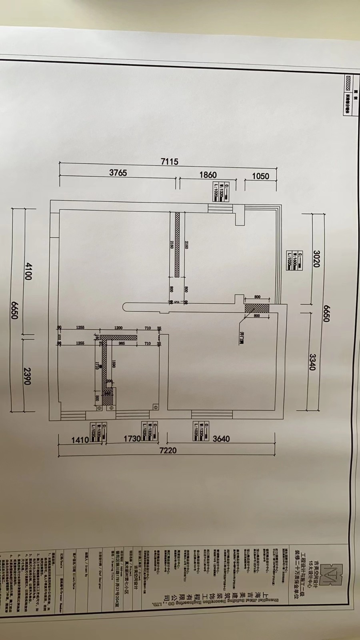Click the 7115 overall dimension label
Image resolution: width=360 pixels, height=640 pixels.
pyautogui.click(x=169, y=162)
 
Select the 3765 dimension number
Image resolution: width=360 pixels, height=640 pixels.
pyautogui.click(x=118, y=173)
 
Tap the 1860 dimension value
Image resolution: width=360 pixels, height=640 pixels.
pyautogui.click(x=208, y=175)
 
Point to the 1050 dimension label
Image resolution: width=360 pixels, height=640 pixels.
pyautogui.click(x=260, y=176)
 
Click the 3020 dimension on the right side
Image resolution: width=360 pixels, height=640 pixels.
pyautogui.click(x=316, y=259)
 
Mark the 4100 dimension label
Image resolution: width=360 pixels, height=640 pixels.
pyautogui.click(x=28, y=270)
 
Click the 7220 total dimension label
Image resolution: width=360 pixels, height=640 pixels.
pyautogui.click(x=168, y=450)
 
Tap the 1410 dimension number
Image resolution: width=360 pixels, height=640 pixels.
pyautogui.click(x=80, y=440)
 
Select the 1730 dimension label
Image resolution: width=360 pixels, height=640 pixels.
pyautogui.click(x=132, y=438)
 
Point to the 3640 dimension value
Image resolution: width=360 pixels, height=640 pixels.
pyautogui.click(x=221, y=439)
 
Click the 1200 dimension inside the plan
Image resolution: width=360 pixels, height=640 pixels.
pyautogui.click(x=118, y=328)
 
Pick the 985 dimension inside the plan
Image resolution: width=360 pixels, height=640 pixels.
pyautogui.click(x=122, y=343)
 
